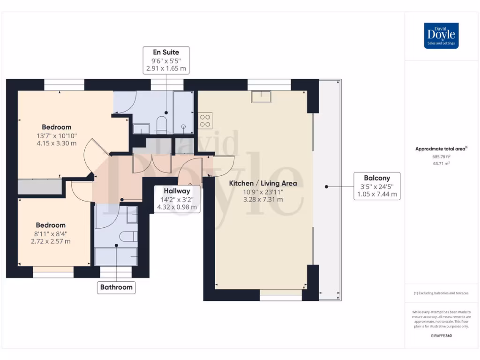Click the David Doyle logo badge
coord(441,36)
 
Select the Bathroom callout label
coord(116,287)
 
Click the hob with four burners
coord(205,120)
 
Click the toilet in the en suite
coord(161,124)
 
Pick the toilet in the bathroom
coord(127,236)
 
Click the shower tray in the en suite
coord(183,112)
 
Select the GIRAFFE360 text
coord(441,336)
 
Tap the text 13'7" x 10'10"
coord(56,135)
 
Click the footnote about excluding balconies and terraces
coord(441,293)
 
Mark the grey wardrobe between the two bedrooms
coord(40,187)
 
